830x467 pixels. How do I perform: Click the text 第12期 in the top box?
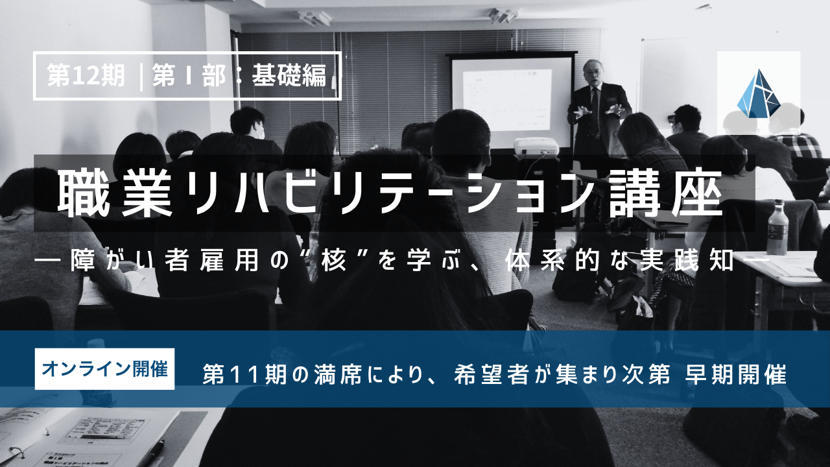click(86, 75)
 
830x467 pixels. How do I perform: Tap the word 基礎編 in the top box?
click(289, 75)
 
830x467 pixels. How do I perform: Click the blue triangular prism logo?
click(759, 93)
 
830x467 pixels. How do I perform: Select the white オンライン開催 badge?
click(104, 369)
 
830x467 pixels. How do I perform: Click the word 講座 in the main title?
click(665, 194)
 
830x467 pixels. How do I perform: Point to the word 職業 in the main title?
click(114, 194)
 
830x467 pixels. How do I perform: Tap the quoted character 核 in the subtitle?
click(334, 261)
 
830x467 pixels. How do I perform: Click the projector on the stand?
click(536, 147)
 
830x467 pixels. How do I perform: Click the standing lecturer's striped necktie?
click(595, 110)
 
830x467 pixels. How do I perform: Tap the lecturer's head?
click(593, 72)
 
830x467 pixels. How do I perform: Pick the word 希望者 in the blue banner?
click(490, 375)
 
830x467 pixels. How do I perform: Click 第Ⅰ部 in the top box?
click(188, 75)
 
